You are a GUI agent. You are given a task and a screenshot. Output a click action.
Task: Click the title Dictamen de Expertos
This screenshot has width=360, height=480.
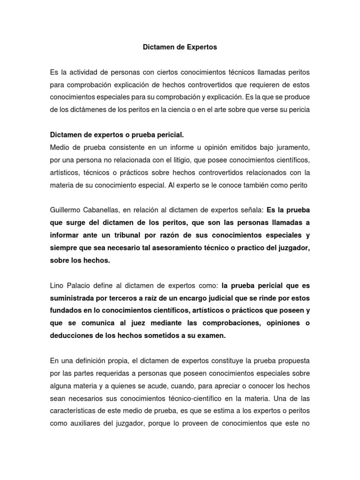tap(180, 47)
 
